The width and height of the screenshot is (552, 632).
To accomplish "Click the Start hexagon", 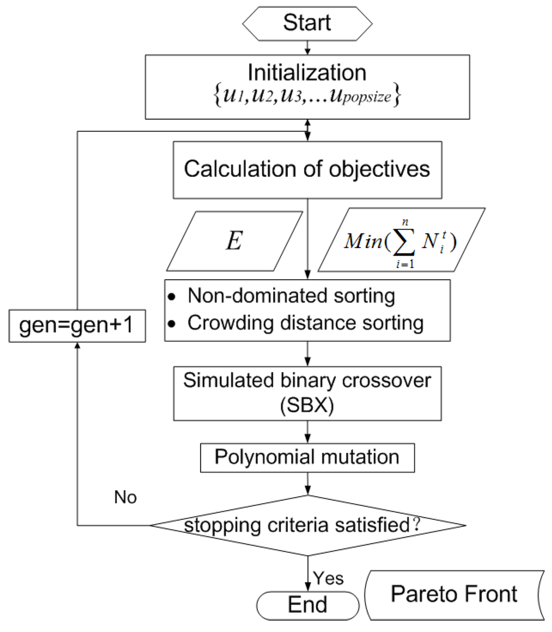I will coord(307,24).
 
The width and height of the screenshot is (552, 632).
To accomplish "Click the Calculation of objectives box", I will coord(307,169).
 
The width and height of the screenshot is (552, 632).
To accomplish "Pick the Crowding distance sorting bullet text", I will coord(305,324).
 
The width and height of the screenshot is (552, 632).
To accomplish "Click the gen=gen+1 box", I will coord(78,327).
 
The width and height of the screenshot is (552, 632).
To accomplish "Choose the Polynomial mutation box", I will coord(307,457).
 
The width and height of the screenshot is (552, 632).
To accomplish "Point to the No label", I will coord(125,497).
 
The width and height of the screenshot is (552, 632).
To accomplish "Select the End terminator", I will coord(307,604).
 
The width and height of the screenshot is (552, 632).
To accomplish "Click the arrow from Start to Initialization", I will coord(307,46).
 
